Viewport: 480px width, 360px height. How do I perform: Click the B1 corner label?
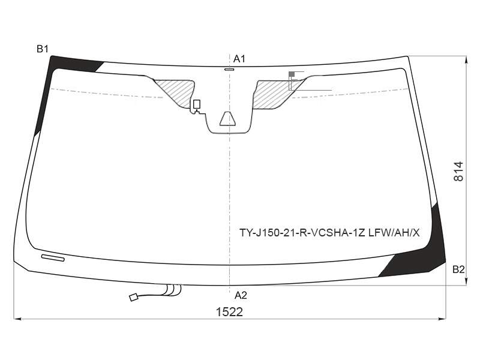(43, 49)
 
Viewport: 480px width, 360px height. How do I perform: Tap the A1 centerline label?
(239, 59)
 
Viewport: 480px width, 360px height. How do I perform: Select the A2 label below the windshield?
(241, 295)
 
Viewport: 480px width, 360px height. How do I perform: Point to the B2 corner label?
(458, 269)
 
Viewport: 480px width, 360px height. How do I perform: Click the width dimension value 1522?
(229, 312)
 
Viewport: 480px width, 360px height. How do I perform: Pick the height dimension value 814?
(458, 171)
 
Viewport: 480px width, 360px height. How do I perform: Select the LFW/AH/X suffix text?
(394, 233)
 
